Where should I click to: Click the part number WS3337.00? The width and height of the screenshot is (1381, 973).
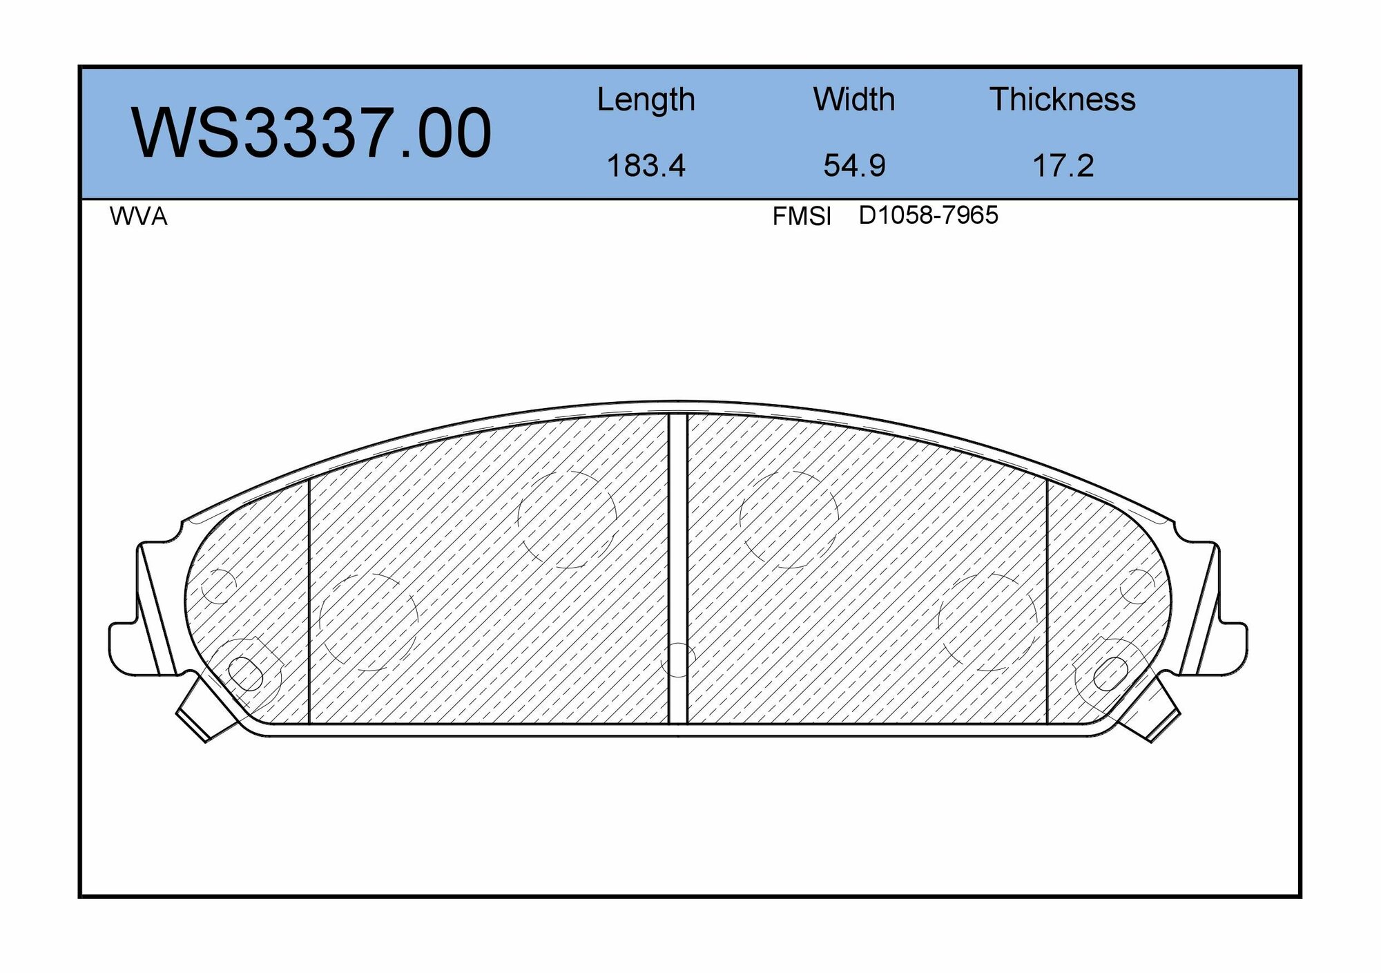coord(311,133)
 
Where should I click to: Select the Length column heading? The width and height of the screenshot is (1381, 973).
coord(646,100)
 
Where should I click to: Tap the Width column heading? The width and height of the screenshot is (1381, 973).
coord(853,100)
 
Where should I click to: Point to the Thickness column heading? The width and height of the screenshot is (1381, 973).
coord(1062,100)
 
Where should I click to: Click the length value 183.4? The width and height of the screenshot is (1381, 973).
coord(646,166)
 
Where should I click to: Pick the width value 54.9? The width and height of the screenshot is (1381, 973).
coord(854,166)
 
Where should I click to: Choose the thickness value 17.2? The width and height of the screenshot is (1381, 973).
coord(1063,166)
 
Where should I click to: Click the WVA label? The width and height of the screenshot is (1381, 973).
coord(138,217)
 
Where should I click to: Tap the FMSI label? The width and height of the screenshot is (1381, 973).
coord(801,217)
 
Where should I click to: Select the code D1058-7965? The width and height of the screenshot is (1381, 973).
coord(928,215)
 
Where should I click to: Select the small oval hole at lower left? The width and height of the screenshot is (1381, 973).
coord(245,674)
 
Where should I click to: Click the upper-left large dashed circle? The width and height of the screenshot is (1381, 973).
coord(567,519)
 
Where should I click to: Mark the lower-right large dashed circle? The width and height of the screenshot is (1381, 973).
coord(988,621)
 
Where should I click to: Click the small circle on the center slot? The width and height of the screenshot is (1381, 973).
coord(678,659)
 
